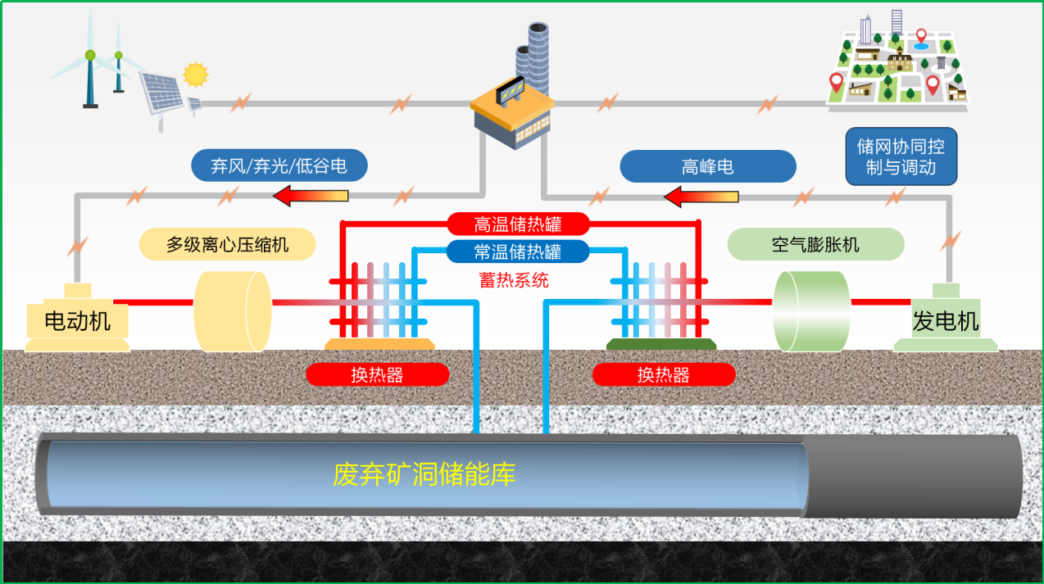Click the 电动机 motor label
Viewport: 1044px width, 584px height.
point(77,320)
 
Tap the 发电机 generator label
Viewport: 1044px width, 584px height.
point(946,321)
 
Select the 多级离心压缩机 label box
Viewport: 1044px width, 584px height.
point(227,244)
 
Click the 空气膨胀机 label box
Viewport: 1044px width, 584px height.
point(815,244)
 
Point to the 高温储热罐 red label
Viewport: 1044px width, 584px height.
point(518,224)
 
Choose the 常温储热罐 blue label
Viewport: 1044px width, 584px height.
point(518,251)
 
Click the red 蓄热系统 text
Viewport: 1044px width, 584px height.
point(514,280)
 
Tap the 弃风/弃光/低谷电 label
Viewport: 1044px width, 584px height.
point(279,166)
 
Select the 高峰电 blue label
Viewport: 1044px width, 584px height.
point(707,166)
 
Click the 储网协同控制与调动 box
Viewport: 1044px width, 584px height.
point(901,157)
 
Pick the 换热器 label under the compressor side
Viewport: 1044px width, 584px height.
point(377,375)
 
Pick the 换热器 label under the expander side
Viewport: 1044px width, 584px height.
point(663,375)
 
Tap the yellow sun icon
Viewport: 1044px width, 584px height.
point(195,75)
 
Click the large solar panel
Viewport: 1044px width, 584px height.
point(161,93)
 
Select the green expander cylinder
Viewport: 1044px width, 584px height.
point(812,311)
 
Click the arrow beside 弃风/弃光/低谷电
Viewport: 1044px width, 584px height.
point(311,196)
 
